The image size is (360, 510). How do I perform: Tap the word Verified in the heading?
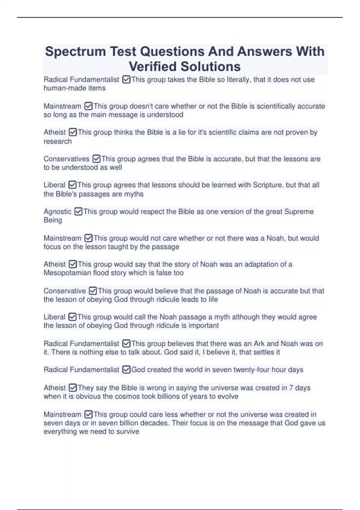pos(155,67)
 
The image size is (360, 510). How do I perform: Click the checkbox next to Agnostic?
pos(78,211)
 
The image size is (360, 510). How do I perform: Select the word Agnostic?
pos(57,211)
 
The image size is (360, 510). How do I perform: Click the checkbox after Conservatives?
pos(96,159)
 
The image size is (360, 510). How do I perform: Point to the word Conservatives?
pos(66,159)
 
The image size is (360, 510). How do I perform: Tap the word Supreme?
pos(299,211)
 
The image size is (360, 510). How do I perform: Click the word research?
pos(58,141)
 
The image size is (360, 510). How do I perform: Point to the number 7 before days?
pos(291,388)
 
